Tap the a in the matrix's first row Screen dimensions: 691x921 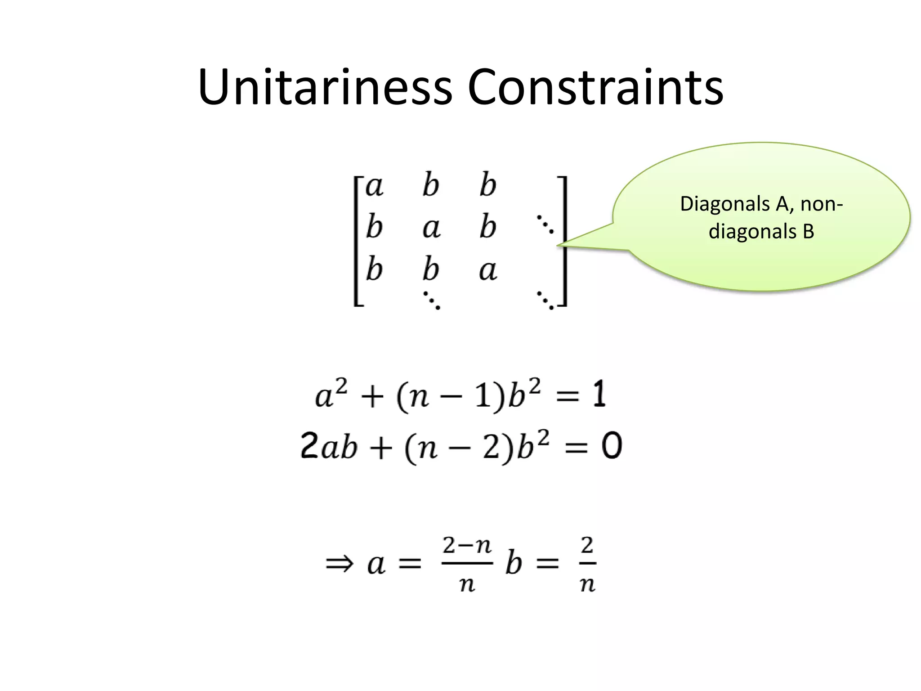point(374,186)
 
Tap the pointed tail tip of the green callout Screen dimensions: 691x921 point(559,245)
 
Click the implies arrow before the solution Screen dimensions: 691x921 point(340,563)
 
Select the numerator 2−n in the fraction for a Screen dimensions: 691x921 point(467,546)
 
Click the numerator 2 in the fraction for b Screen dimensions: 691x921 point(587,546)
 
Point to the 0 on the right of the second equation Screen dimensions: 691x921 point(612,446)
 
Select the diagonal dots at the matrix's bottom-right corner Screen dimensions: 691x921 point(545,301)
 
